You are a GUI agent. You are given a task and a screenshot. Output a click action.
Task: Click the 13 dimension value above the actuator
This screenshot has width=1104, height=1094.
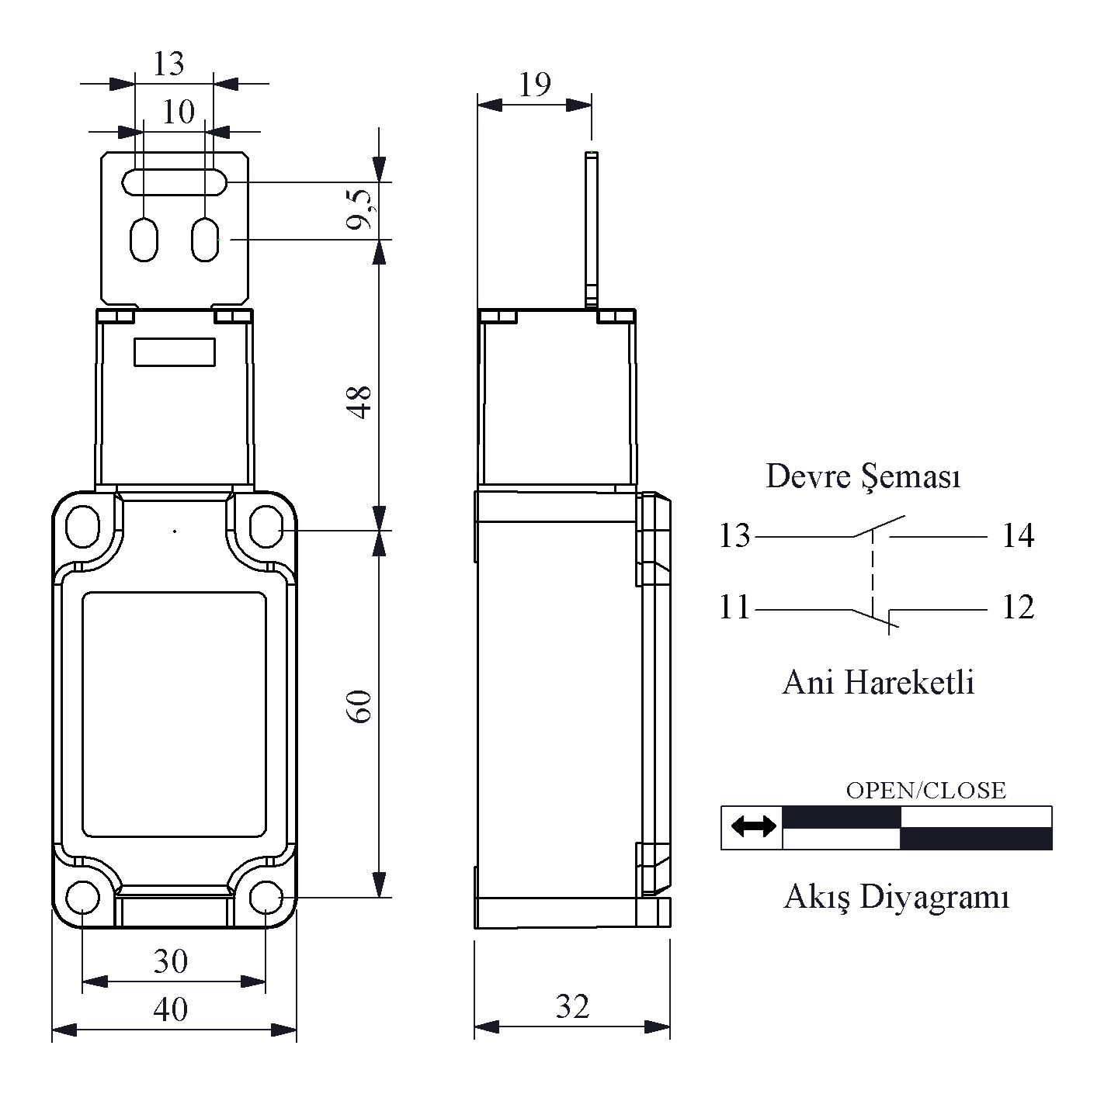168,63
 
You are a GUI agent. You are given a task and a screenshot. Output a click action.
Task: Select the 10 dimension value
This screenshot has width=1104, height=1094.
179,111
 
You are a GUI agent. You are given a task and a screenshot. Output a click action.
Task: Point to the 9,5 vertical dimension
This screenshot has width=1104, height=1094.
360,209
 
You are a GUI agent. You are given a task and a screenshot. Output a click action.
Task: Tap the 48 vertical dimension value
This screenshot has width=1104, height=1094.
359,402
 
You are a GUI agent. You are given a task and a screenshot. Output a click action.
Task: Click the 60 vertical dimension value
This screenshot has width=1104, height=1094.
359,706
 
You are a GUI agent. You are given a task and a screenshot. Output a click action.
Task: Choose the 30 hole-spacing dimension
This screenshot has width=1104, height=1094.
171,961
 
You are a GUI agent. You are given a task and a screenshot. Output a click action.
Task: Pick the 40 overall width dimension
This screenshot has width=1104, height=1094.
171,1009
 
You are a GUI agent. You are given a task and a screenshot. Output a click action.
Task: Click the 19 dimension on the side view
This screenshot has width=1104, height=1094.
535,85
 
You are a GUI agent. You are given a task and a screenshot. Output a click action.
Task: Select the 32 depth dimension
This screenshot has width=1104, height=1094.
572,1006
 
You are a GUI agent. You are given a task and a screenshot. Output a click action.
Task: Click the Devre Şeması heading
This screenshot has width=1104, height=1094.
863,476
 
